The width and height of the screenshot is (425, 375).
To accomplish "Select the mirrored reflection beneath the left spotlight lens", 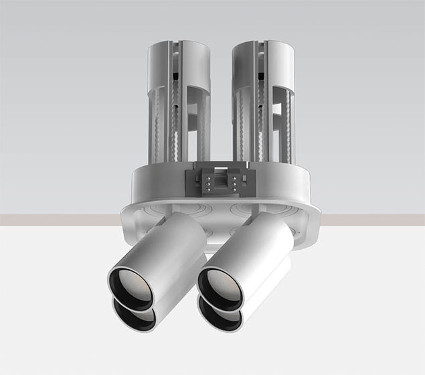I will click(x=133, y=315).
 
